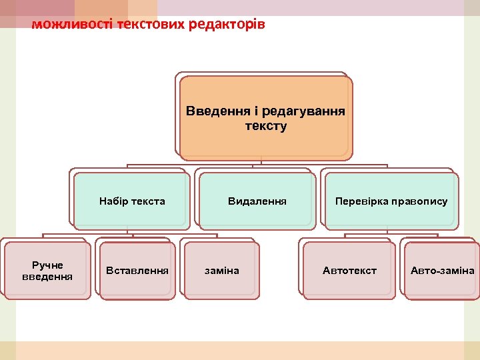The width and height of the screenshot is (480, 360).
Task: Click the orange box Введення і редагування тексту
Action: (265, 118)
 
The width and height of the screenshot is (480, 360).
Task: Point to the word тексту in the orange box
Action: (266, 126)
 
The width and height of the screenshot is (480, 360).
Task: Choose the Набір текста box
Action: (132, 201)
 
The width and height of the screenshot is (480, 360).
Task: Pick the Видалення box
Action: (257, 201)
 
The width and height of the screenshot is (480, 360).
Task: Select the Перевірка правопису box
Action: (391, 201)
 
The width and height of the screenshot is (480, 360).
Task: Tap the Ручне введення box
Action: (47, 271)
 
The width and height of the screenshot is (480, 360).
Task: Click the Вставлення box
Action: (137, 271)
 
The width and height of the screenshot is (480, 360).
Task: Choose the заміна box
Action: (221, 271)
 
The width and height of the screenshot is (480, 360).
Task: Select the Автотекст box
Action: (349, 271)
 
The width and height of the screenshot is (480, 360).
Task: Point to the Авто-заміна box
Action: (442, 271)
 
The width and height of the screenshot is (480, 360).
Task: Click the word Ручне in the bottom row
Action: (47, 265)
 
